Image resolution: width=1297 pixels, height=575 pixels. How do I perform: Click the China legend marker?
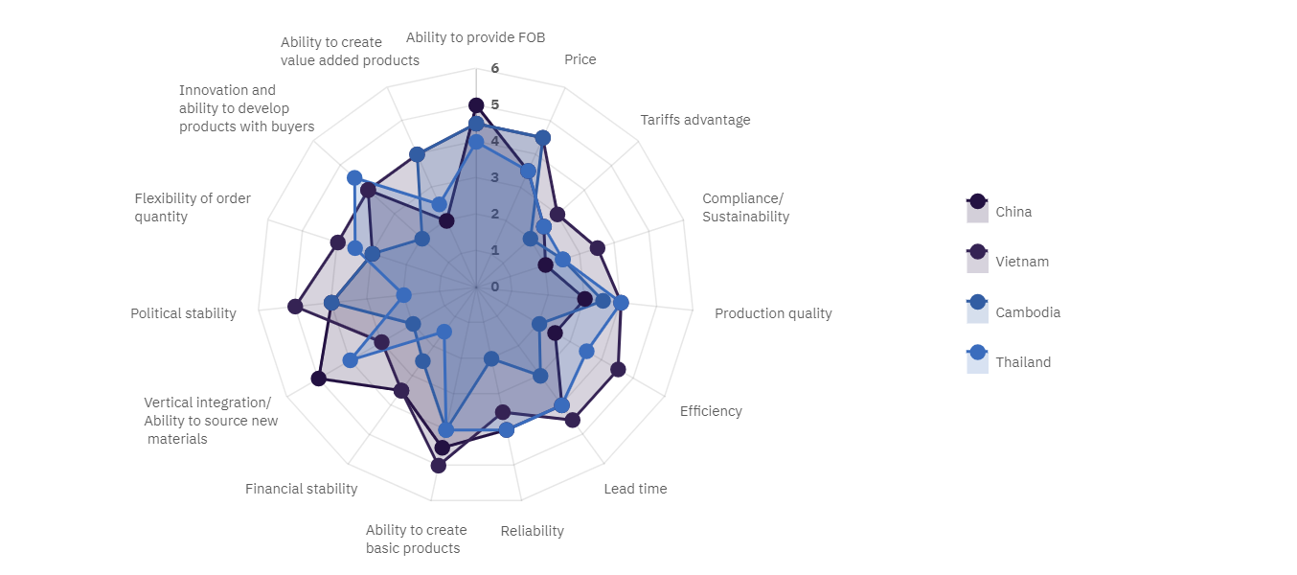977,201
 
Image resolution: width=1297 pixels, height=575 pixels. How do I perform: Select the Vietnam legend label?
1022,262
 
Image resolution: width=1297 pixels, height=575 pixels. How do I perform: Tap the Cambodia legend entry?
1028,312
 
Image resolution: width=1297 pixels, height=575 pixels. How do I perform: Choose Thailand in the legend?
1023,362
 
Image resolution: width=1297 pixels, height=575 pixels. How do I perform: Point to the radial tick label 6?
494,68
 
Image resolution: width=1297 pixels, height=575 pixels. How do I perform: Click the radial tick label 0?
494,287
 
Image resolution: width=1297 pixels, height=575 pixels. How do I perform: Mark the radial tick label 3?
494,177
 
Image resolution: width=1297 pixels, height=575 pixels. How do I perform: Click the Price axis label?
580,59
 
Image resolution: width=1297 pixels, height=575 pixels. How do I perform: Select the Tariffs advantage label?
695,120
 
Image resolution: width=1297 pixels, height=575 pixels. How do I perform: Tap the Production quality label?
773,313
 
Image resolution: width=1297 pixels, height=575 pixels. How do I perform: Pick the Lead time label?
635,489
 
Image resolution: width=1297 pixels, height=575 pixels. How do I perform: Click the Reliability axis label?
532,531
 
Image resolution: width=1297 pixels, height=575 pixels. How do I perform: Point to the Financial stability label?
301,489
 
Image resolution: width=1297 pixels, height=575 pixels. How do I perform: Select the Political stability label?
183,313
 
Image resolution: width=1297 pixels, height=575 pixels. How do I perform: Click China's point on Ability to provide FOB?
476,104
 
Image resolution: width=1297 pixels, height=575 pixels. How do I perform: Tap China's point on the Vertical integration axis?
319,379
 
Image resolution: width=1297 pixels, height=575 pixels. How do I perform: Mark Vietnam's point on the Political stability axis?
295,307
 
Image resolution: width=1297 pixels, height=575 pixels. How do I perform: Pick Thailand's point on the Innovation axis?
354,177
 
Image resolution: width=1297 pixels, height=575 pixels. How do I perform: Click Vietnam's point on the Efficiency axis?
618,369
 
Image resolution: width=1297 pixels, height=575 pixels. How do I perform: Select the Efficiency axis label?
711,411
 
